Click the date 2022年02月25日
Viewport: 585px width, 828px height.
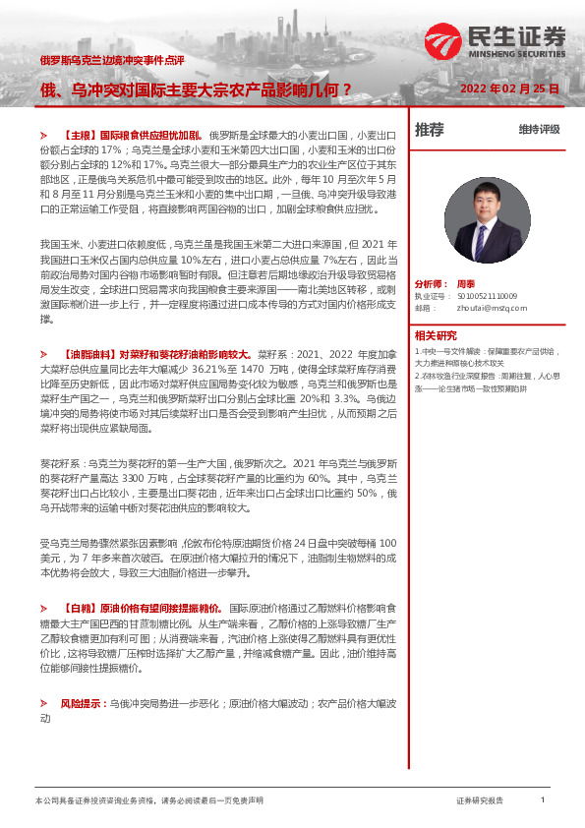[x=509, y=89]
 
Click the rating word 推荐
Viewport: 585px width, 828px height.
[x=429, y=129]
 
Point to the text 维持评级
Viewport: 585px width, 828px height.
[x=539, y=130]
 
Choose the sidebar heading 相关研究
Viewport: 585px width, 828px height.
[x=436, y=335]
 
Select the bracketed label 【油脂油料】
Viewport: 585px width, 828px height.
[x=92, y=351]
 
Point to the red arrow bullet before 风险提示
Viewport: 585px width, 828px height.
[x=44, y=705]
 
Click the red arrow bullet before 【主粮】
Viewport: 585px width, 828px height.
[x=44, y=132]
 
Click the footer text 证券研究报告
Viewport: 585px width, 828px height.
[x=479, y=801]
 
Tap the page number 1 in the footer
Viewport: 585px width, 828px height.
[x=543, y=800]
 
